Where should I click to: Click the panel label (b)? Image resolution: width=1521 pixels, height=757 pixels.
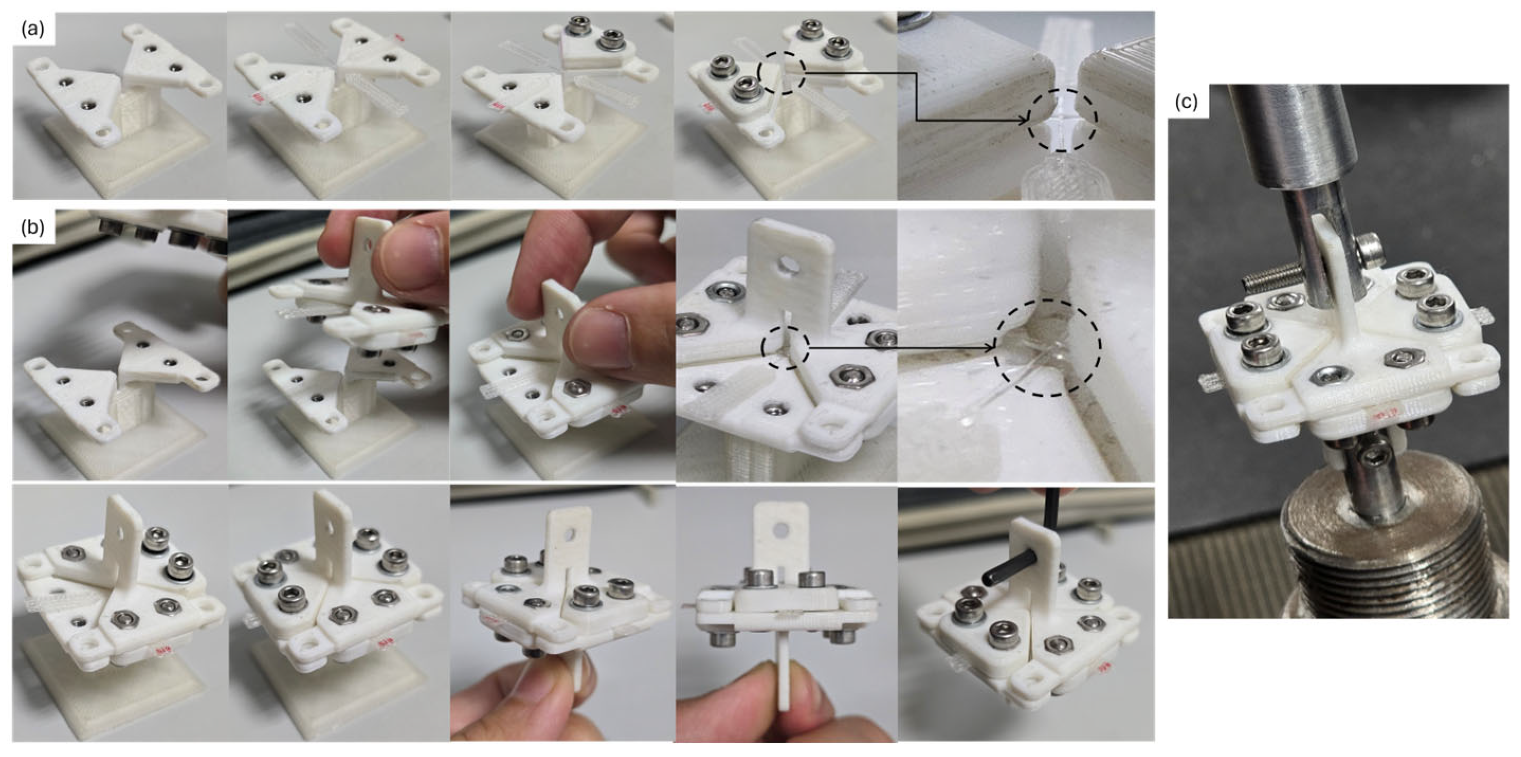coord(32,227)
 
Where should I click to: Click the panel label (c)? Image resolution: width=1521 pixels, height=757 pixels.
coord(1186,102)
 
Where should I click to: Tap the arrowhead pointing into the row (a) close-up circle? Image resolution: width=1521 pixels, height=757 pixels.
coord(1024,120)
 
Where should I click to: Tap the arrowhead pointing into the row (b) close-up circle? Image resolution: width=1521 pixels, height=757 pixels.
coord(993,349)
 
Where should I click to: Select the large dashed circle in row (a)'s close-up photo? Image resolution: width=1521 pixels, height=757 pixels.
coord(1061,121)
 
